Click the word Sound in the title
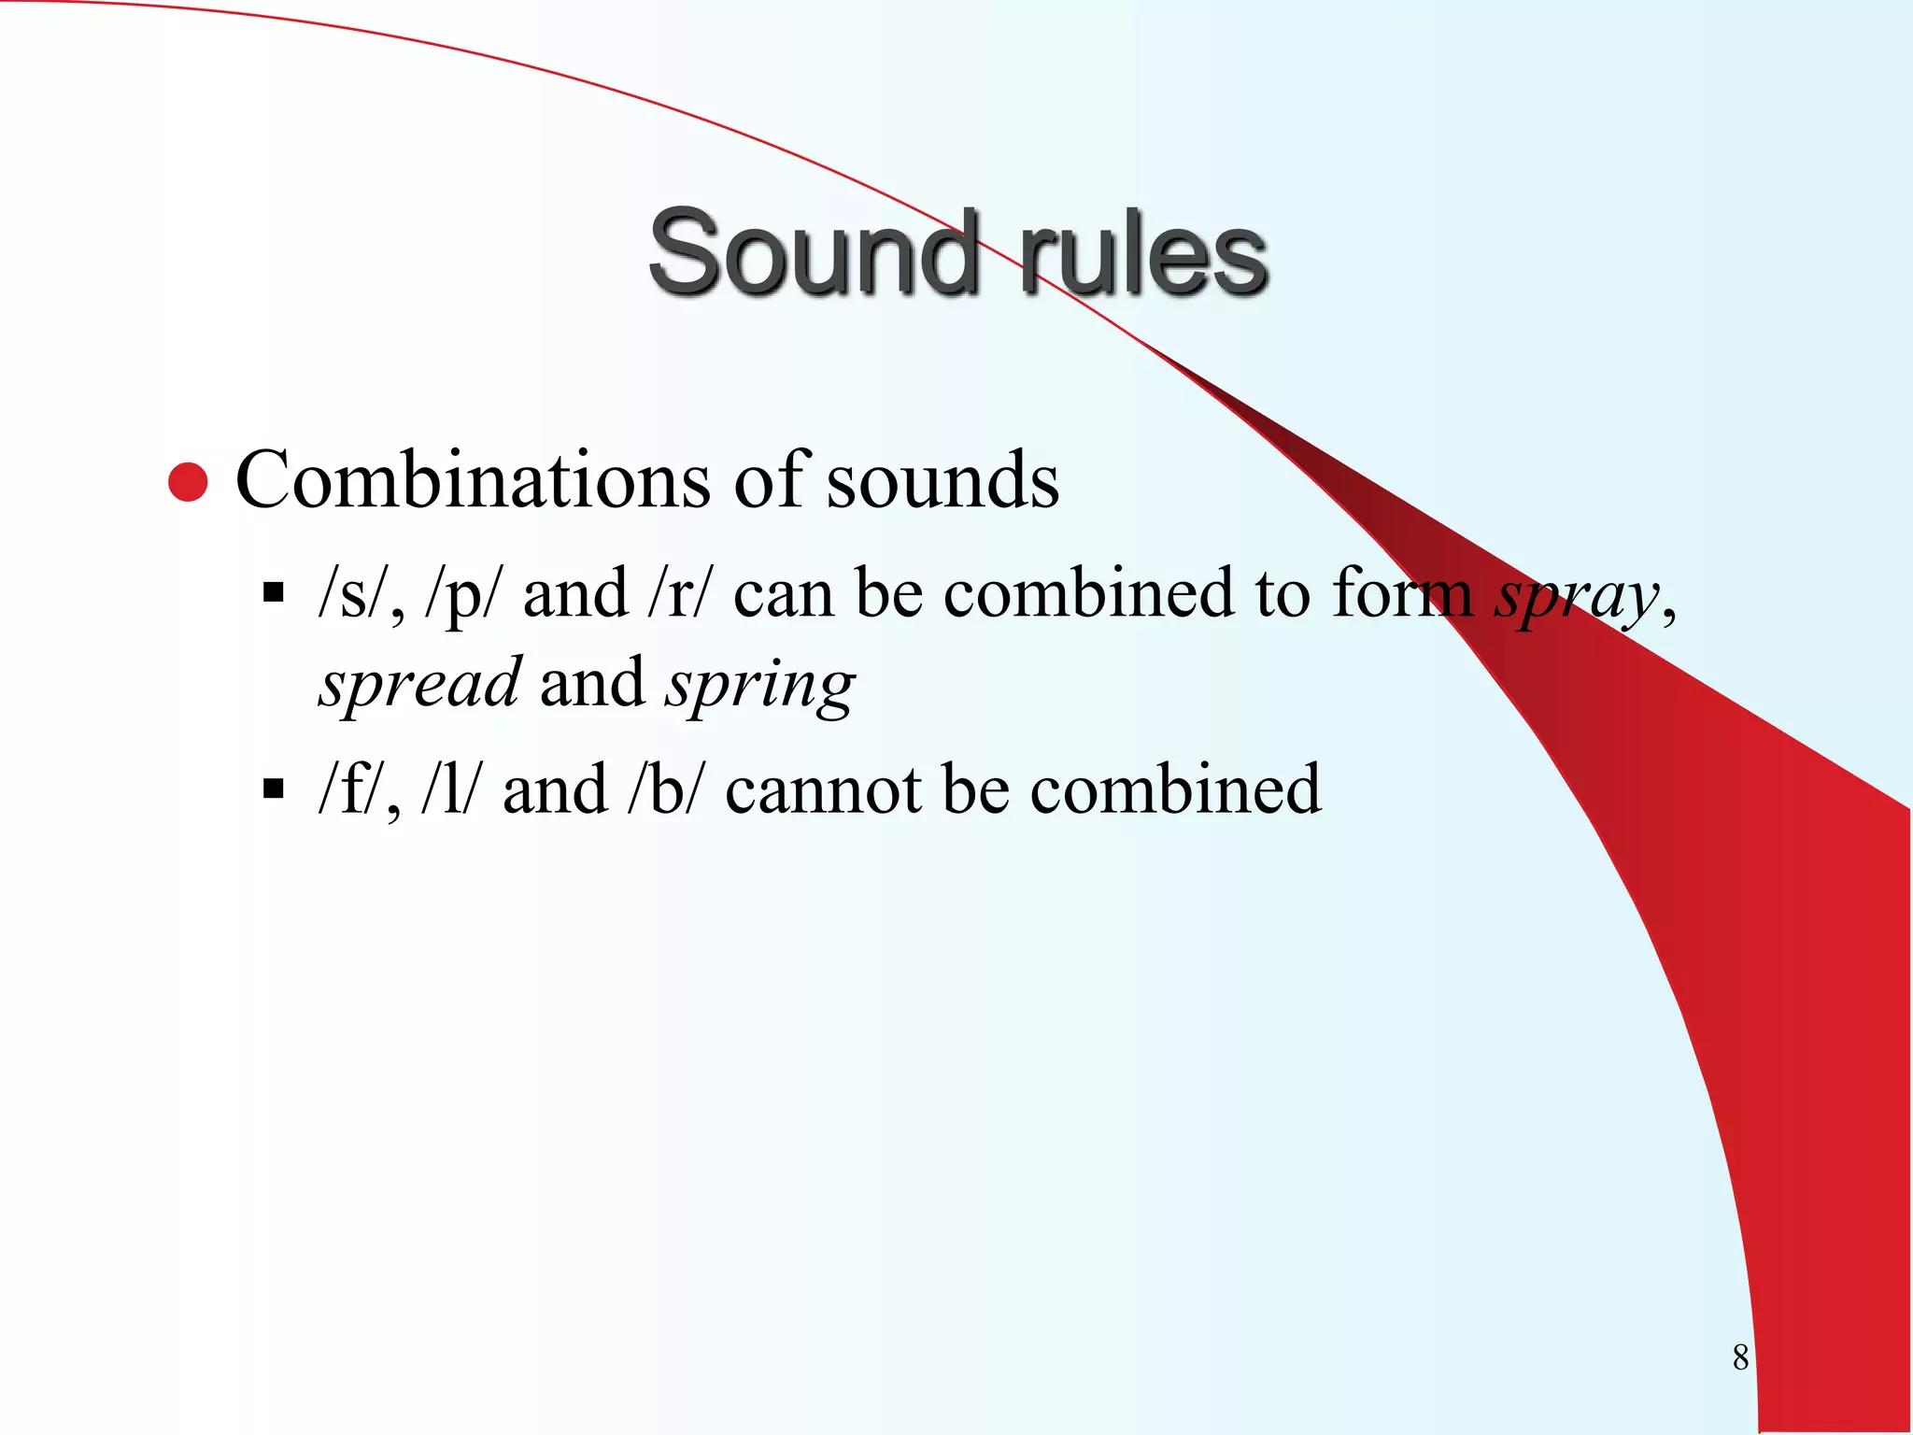[x=813, y=252]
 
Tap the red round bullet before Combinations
[x=188, y=482]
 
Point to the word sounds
[x=942, y=480]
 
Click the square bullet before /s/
[x=273, y=592]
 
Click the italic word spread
[x=419, y=684]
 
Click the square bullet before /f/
[x=273, y=789]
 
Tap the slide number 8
[x=1740, y=1357]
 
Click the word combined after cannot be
[x=1176, y=789]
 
